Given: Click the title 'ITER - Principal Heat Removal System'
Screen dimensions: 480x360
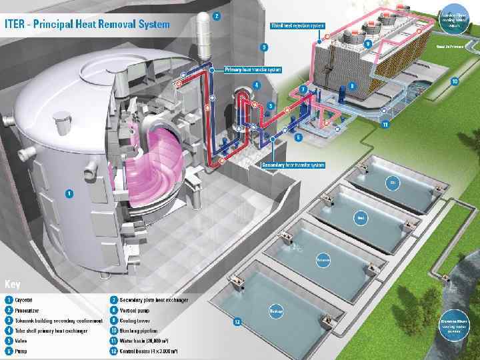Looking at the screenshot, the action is pyautogui.click(x=87, y=24).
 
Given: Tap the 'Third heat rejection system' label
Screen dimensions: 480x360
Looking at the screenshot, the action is pyautogui.click(x=298, y=25).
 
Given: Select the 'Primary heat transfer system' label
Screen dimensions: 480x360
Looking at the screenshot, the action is pyautogui.click(x=253, y=69).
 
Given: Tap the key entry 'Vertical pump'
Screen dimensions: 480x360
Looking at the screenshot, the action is pyautogui.click(x=137, y=310).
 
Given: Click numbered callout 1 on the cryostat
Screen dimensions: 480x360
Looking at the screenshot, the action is pyautogui.click(x=69, y=193).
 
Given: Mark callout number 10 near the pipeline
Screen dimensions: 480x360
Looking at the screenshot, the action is pyautogui.click(x=455, y=82).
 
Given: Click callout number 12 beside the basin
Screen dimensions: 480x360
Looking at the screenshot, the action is pyautogui.click(x=236, y=323).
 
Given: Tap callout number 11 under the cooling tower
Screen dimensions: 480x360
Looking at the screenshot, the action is pyautogui.click(x=385, y=125).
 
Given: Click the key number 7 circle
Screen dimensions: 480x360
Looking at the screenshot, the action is pyautogui.click(x=115, y=300).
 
